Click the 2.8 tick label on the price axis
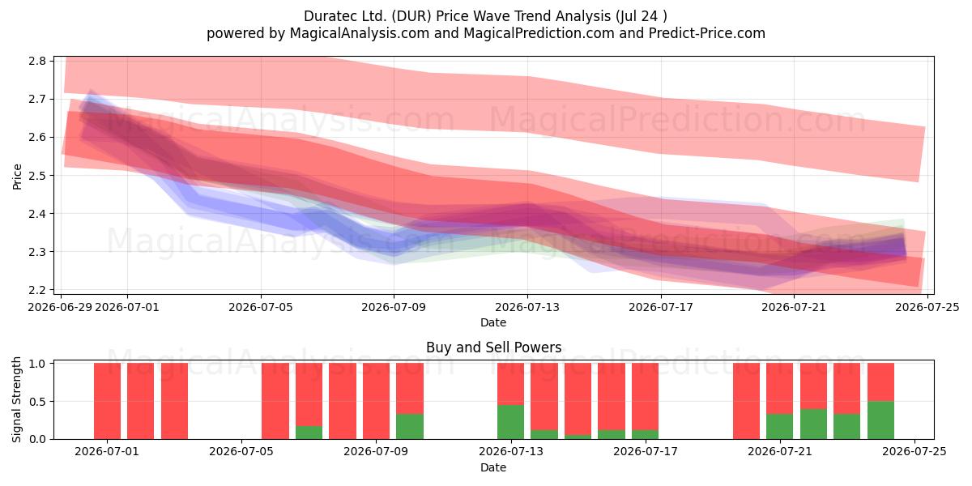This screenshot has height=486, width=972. click(x=37, y=61)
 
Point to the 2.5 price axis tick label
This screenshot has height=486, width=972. click(x=37, y=175)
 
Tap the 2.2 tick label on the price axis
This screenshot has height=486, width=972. click(x=37, y=290)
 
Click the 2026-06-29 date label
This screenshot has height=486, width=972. click(x=60, y=307)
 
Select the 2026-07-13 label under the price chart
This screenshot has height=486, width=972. click(x=527, y=307)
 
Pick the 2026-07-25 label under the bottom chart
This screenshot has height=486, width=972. click(x=914, y=451)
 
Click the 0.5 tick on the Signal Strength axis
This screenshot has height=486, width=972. click(x=37, y=402)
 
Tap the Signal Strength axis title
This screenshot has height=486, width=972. click(x=16, y=399)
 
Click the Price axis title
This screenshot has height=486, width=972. click(x=17, y=177)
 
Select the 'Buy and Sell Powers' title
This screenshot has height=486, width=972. click(x=494, y=347)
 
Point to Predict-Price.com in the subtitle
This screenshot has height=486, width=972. click(x=707, y=33)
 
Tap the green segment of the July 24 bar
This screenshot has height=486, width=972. click(x=881, y=420)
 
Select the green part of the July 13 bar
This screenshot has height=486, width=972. click(x=511, y=422)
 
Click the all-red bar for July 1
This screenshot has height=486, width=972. click(x=107, y=401)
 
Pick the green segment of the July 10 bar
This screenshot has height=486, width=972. click(x=410, y=427)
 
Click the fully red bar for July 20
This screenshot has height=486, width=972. click(x=746, y=401)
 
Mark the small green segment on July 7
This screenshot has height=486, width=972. click(x=309, y=433)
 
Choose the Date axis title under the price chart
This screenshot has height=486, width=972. click(x=493, y=322)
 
